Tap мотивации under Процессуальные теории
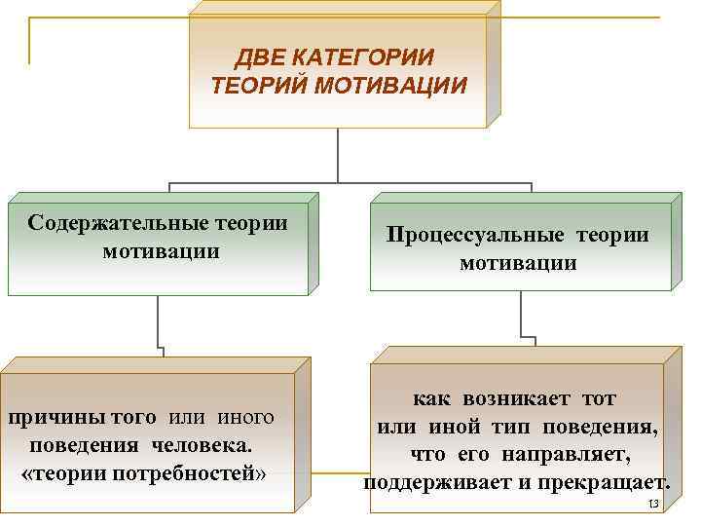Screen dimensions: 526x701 click(x=518, y=263)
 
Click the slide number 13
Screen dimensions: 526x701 click(x=653, y=503)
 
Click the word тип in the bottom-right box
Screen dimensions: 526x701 click(x=507, y=427)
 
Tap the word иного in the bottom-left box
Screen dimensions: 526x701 click(x=245, y=418)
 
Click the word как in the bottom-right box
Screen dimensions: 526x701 click(x=430, y=399)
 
